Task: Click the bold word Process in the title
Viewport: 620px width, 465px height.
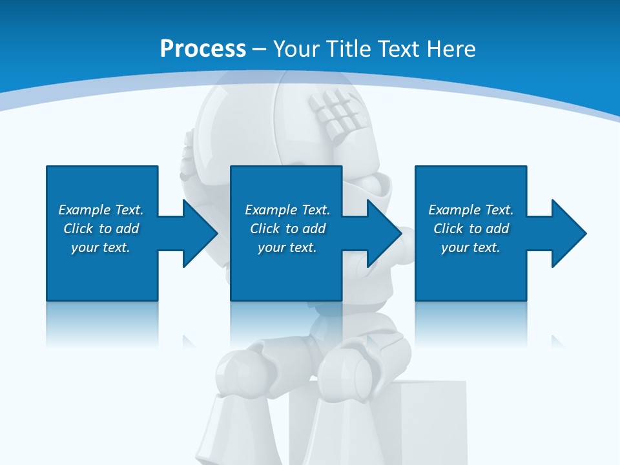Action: click(x=203, y=48)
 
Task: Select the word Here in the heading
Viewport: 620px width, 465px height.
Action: click(x=452, y=48)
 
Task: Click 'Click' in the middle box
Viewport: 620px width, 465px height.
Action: click(x=265, y=229)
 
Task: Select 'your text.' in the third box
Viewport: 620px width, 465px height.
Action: click(x=471, y=247)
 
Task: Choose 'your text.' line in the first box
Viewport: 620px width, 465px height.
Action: click(x=101, y=247)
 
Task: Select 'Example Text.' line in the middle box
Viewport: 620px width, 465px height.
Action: click(x=287, y=210)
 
